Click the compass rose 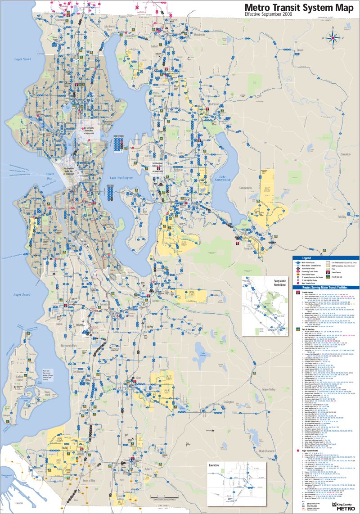point(333,38)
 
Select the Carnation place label point(345,154)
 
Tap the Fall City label point(342,216)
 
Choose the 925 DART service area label point(184,244)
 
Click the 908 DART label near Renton point(191,293)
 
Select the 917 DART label point(120,502)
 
